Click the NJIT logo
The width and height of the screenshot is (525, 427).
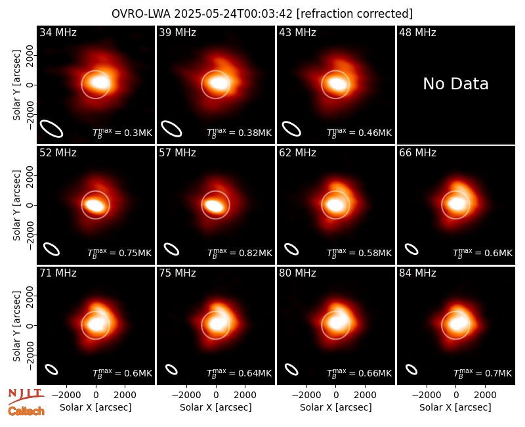tap(26, 396)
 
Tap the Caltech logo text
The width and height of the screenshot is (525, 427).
tap(26, 411)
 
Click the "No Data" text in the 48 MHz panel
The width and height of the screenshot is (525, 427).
tap(455, 84)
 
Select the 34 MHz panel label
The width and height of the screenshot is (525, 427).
tap(58, 32)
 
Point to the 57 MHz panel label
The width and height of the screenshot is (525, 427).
tap(177, 153)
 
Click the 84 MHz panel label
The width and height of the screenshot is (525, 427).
tap(417, 273)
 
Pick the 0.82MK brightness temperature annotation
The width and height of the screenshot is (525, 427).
tap(240, 253)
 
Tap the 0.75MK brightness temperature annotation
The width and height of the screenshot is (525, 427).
tap(119, 253)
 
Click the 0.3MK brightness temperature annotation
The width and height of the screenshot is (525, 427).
tap(123, 133)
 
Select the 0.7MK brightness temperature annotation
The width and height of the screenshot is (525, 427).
tap(483, 373)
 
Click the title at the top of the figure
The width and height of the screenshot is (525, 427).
tap(262, 14)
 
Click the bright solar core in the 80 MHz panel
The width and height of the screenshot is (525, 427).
tap(337, 323)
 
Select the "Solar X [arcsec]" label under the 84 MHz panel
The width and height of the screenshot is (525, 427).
tap(455, 407)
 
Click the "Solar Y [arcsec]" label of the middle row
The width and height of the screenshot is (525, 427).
tap(16, 205)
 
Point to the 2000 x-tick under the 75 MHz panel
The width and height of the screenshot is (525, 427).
tap(245, 395)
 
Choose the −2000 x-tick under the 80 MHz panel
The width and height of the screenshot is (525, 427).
tap(306, 395)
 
